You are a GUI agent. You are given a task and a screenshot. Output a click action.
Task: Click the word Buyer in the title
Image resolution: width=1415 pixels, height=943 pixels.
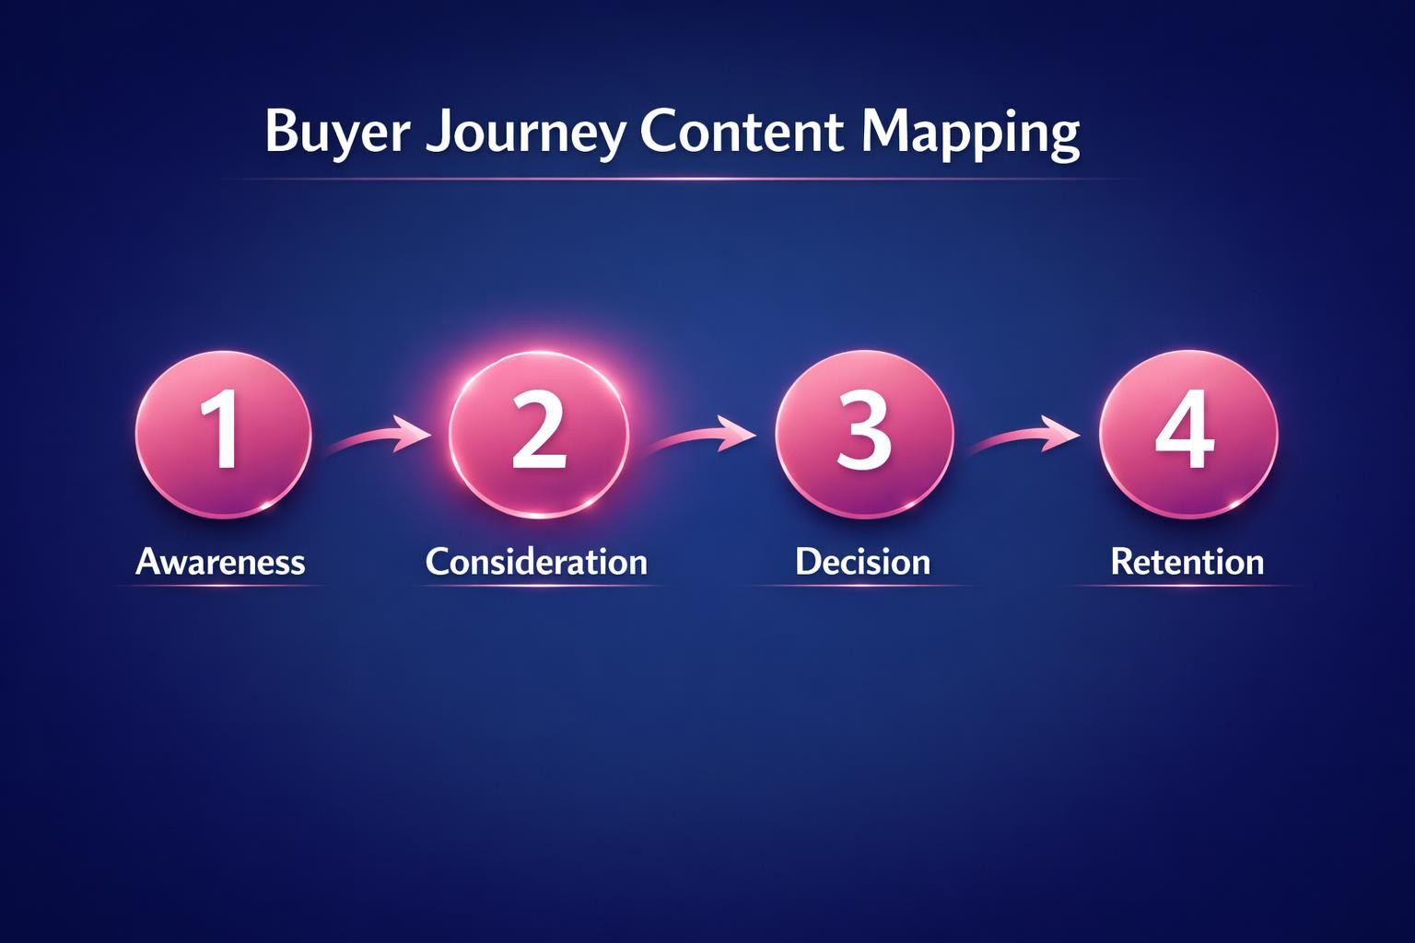[336, 132]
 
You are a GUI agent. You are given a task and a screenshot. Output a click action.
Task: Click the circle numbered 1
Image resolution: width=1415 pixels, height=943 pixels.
[223, 432]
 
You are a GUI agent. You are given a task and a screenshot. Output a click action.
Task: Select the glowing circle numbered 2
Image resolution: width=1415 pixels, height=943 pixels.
[538, 432]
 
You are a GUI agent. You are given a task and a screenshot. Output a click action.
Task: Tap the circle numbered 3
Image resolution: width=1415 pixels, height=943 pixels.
[863, 432]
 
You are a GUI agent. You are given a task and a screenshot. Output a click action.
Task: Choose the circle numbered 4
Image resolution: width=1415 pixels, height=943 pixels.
[1187, 432]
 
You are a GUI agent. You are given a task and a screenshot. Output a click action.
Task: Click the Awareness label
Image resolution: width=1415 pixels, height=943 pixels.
[220, 562]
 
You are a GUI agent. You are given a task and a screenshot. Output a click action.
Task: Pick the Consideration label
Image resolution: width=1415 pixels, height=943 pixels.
[536, 562]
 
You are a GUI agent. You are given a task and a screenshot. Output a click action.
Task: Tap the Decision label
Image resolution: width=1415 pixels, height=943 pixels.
[862, 562]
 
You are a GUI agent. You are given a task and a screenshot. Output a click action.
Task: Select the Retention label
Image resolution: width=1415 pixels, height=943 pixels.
[1187, 562]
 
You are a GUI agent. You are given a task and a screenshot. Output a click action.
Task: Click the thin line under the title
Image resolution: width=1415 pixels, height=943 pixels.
[682, 179]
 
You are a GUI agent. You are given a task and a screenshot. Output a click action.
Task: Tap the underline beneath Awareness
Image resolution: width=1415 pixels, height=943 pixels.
[220, 587]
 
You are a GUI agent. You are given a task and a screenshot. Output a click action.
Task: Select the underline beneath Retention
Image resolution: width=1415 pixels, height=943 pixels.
[1187, 587]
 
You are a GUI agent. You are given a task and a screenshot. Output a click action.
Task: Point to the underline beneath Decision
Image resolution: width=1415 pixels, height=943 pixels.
[862, 587]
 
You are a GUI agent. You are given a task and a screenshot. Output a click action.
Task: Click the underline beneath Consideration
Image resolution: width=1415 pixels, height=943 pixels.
[536, 587]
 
